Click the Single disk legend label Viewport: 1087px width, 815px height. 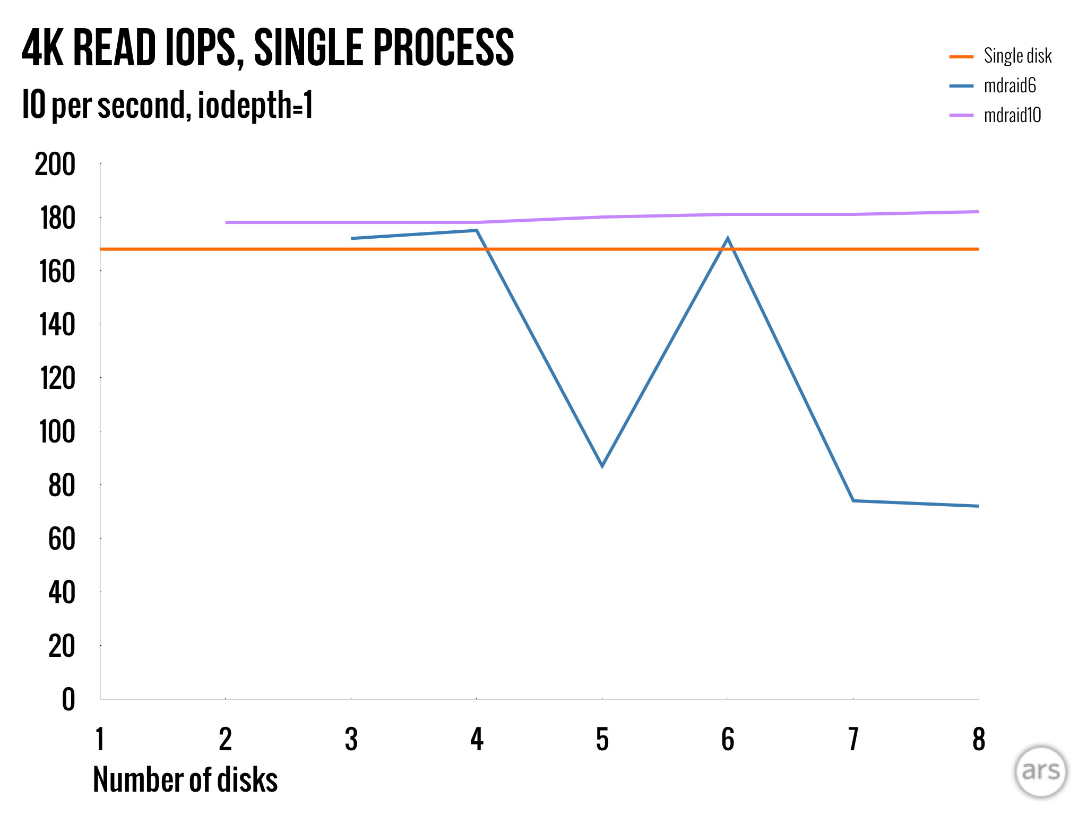[x=1017, y=56]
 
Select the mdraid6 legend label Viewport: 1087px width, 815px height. [x=1010, y=85]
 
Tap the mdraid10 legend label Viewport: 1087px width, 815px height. [x=1012, y=115]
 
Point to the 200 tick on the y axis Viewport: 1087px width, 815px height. [x=55, y=164]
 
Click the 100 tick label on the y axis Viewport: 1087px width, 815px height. [x=57, y=432]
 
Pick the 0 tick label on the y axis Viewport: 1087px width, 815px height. [x=68, y=699]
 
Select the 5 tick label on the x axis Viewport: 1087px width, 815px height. [x=602, y=739]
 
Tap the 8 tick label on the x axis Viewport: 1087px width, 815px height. [x=978, y=739]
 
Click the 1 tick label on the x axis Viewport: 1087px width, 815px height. [x=100, y=739]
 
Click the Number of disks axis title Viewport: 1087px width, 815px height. [x=185, y=779]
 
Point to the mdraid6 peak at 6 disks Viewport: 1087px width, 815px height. [x=728, y=239]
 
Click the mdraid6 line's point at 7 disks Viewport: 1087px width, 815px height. [x=853, y=500]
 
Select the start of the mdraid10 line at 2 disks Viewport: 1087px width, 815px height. [x=226, y=222]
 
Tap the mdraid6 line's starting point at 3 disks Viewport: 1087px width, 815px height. [x=351, y=238]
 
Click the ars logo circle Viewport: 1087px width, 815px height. [x=1040, y=771]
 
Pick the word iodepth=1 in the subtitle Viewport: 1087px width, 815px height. [x=255, y=105]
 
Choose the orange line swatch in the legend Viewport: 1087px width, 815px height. [x=961, y=56]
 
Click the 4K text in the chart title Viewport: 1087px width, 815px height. [x=42, y=48]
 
